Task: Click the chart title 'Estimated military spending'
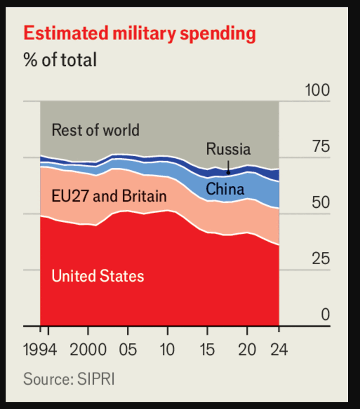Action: tap(139, 34)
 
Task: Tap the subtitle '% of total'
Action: tap(60, 59)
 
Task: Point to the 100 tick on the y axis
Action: tap(317, 91)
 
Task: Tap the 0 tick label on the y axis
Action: tap(325, 314)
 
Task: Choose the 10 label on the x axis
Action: tap(167, 349)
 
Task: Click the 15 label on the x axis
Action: tap(208, 349)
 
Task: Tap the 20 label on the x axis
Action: tap(248, 349)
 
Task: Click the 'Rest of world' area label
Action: tap(95, 130)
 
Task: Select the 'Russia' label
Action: tap(228, 149)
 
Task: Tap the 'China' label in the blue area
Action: tap(225, 189)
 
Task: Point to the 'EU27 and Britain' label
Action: tap(109, 197)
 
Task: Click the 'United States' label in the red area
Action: tap(97, 276)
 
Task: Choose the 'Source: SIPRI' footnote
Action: tap(69, 379)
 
